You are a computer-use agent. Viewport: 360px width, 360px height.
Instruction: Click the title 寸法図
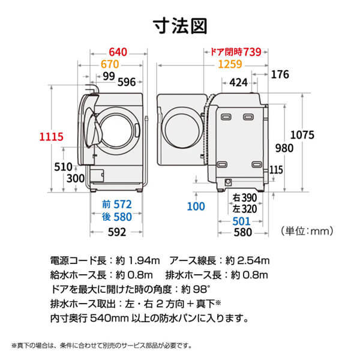point(180,26)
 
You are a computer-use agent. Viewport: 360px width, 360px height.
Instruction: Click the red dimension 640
point(119,52)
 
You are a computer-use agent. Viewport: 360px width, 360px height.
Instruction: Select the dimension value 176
point(280,75)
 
